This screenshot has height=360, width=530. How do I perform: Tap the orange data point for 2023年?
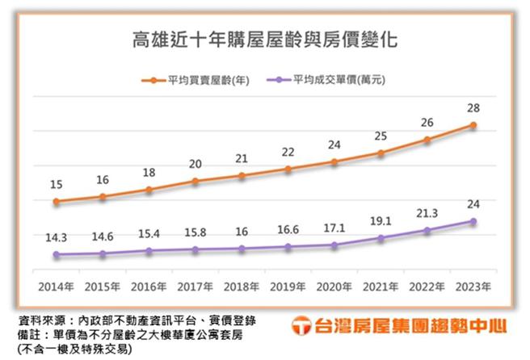click(473, 125)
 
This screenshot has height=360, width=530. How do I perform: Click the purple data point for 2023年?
click(473, 221)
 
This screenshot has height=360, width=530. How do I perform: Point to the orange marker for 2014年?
click(56, 201)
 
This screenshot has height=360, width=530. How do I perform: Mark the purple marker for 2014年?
click(56, 255)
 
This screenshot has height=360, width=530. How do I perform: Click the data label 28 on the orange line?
click(473, 107)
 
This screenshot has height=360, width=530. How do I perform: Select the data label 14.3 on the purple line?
click(56, 238)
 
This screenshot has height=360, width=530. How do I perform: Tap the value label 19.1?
click(381, 220)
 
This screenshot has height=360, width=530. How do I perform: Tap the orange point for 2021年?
click(381, 153)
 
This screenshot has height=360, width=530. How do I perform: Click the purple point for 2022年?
click(427, 231)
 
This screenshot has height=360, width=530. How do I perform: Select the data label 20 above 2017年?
click(196, 165)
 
